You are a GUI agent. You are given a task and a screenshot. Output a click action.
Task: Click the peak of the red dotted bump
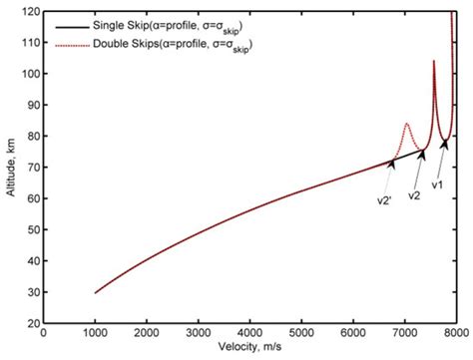406,124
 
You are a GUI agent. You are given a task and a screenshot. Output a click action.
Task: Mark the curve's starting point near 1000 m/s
95,293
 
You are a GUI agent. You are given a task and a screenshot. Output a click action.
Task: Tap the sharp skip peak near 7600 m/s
433,62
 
